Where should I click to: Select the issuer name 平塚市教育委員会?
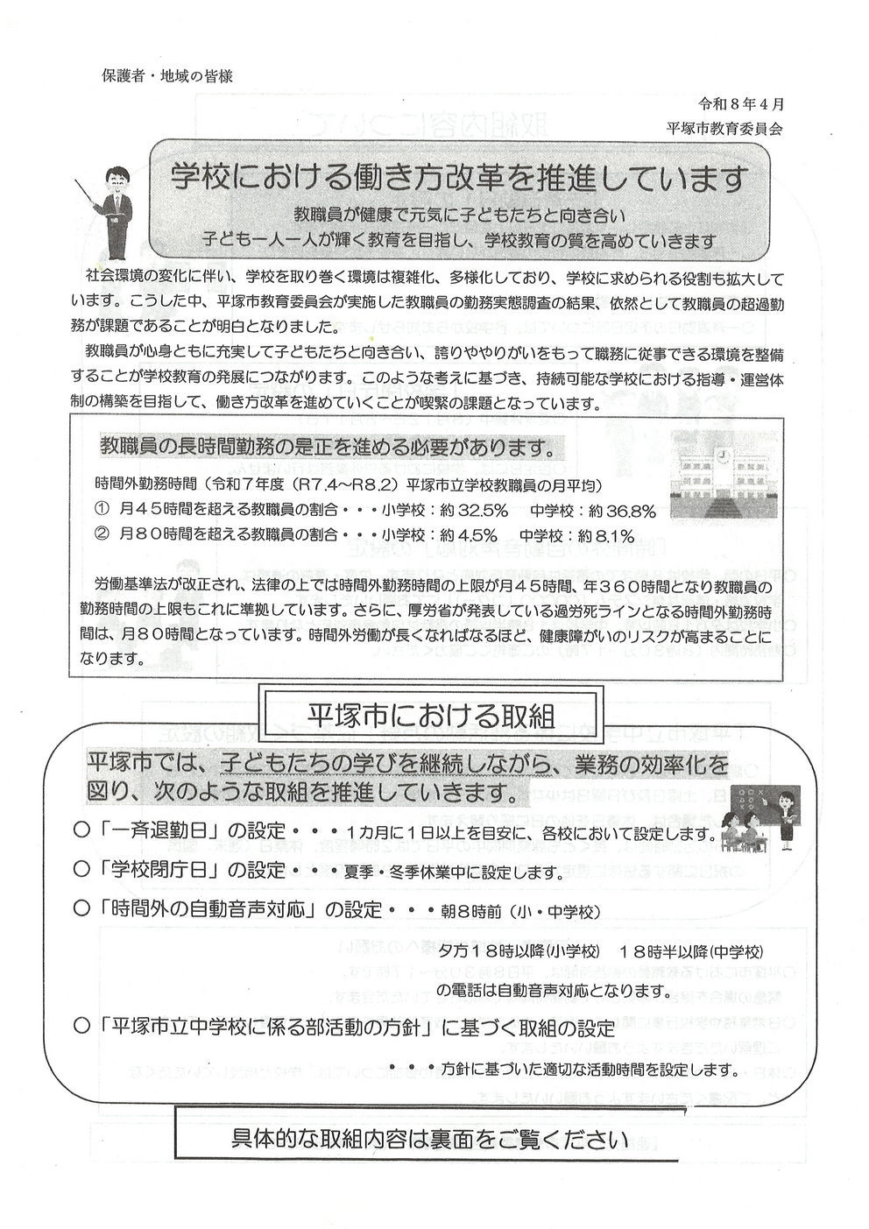pos(724,126)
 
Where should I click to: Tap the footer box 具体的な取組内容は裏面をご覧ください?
pos(429,1140)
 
